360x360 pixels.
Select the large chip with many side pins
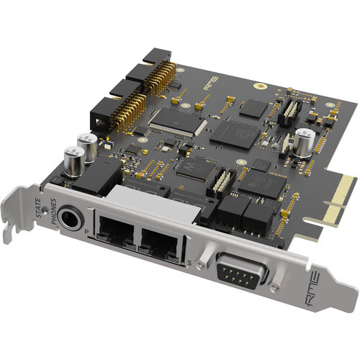pos(174,118)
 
